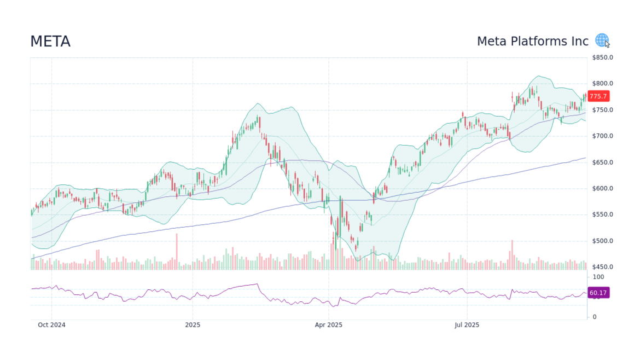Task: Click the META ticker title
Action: tap(50, 42)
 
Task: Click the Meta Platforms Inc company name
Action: tap(532, 42)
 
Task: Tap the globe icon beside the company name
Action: tap(602, 40)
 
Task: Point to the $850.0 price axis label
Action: tap(602, 57)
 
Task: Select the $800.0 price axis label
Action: tap(602, 84)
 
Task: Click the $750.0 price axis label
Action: tap(602, 110)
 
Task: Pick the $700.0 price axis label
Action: tap(602, 136)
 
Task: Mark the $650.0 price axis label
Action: tap(602, 162)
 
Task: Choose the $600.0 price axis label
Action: tap(602, 189)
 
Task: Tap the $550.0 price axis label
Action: tap(602, 215)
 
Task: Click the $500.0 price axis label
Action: tap(602, 241)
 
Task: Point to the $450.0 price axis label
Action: tap(602, 268)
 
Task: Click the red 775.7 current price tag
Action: tap(598, 96)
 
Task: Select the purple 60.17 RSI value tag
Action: tap(598, 293)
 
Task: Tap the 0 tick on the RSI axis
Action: tap(594, 317)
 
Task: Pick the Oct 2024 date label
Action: tap(51, 325)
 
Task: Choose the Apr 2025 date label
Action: tap(328, 325)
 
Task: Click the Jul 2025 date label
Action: tap(467, 325)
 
